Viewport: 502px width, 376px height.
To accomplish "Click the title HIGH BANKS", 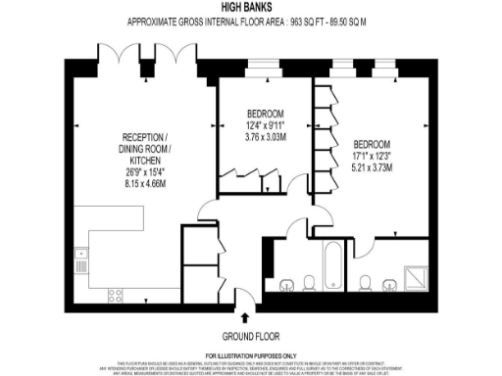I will tap(250, 7).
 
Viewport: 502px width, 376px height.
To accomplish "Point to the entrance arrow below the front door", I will tap(243, 316).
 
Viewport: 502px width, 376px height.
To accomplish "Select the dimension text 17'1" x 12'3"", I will tap(373, 156).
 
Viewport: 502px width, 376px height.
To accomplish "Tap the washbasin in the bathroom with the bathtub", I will tap(286, 285).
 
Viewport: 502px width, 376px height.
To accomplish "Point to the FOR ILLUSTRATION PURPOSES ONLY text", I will tap(250, 354).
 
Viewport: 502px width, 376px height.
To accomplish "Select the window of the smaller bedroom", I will tap(264, 70).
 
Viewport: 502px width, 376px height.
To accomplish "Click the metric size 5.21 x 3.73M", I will tap(373, 167).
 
